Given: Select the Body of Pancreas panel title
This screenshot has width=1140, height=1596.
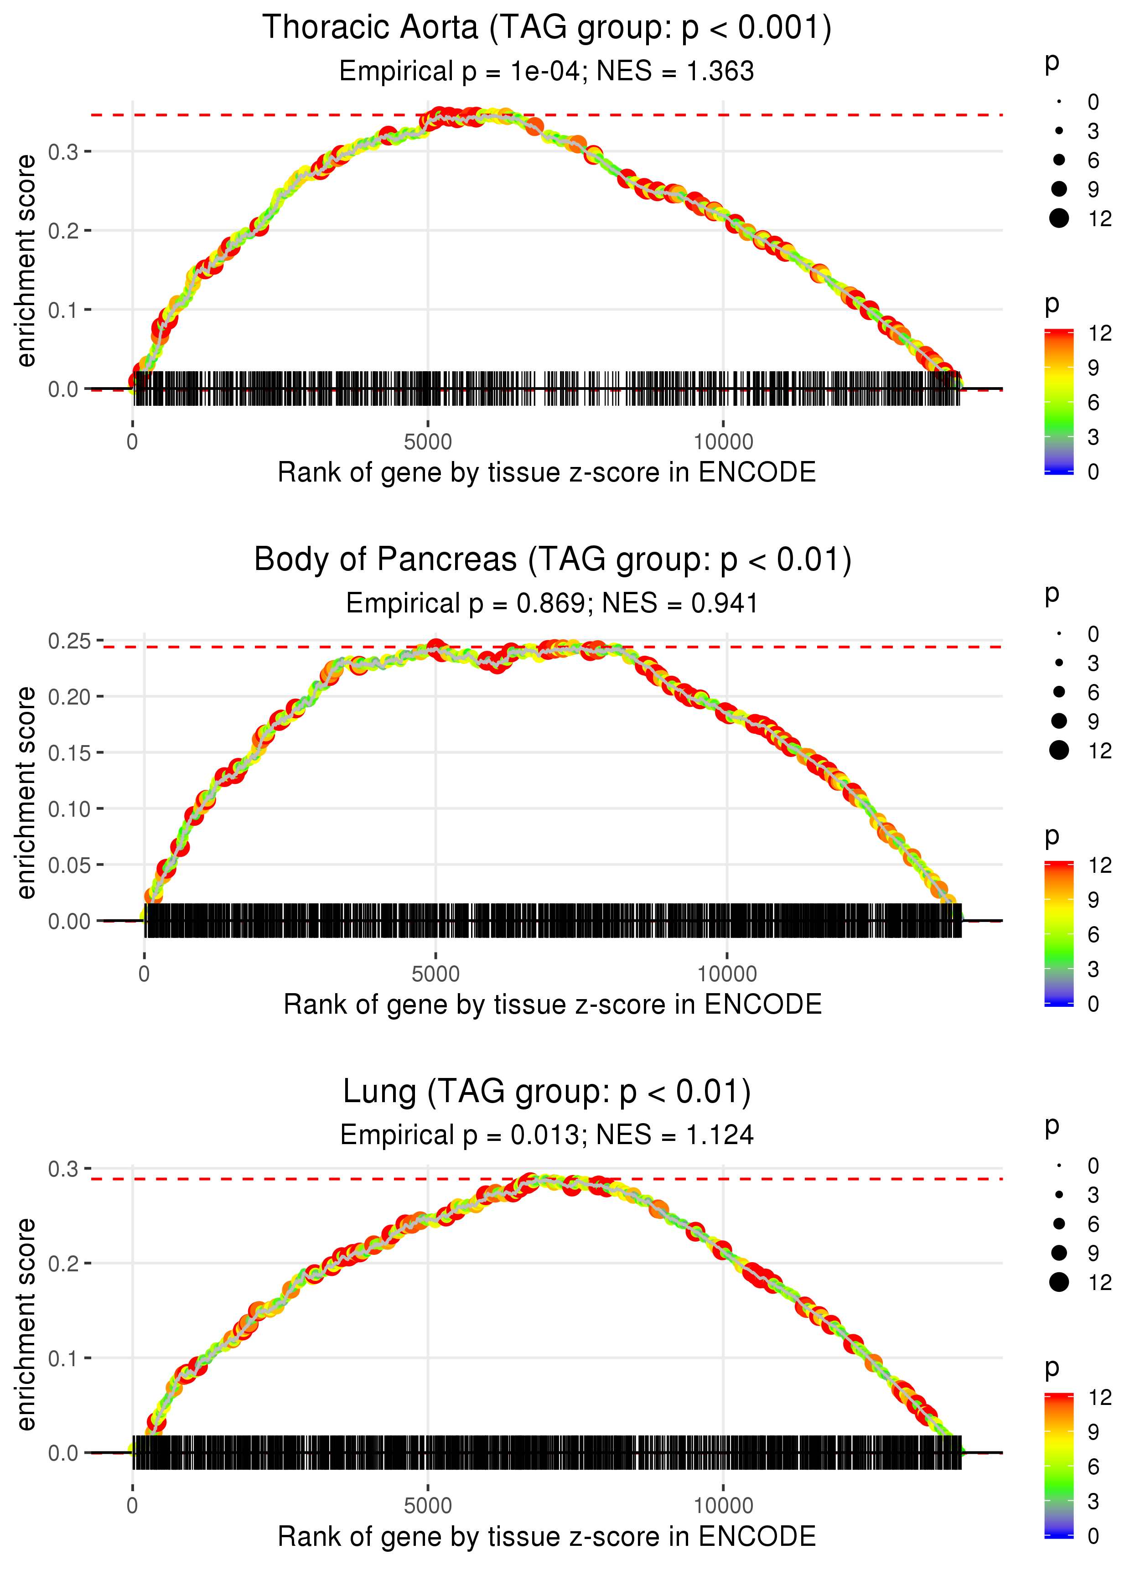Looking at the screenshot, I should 553,560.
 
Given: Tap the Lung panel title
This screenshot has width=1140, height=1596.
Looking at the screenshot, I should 546,1092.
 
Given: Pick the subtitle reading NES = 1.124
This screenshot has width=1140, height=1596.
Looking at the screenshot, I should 546,1135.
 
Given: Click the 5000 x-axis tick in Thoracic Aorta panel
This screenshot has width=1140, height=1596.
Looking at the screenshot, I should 428,442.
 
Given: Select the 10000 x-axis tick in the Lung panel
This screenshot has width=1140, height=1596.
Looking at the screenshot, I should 723,1505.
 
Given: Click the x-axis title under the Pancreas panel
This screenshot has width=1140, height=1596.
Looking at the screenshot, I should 553,1005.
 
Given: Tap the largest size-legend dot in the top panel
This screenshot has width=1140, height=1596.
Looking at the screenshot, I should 1058,218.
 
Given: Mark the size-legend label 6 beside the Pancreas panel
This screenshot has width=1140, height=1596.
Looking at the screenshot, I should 1093,693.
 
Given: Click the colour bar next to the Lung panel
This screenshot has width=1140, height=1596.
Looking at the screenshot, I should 1058,1466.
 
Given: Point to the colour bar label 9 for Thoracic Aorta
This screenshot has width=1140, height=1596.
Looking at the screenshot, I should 1093,368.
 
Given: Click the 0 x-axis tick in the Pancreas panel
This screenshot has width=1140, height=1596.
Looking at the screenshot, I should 144,974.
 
